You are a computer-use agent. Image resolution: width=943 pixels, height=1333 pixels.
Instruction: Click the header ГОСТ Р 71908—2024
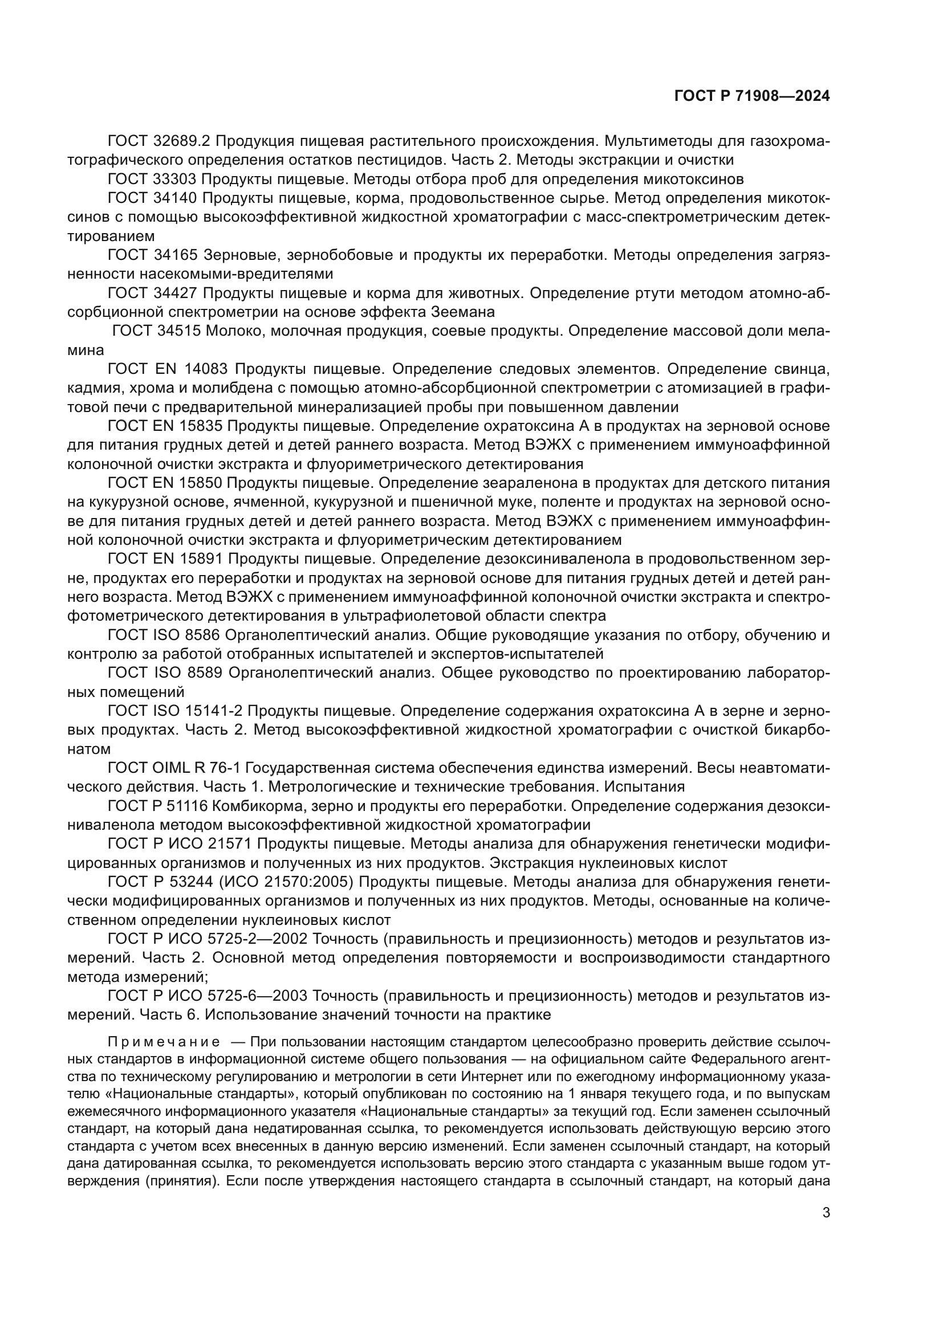pyautogui.click(x=751, y=96)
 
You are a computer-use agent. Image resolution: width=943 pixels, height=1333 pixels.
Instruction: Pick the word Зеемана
pyautogui.click(x=462, y=312)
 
